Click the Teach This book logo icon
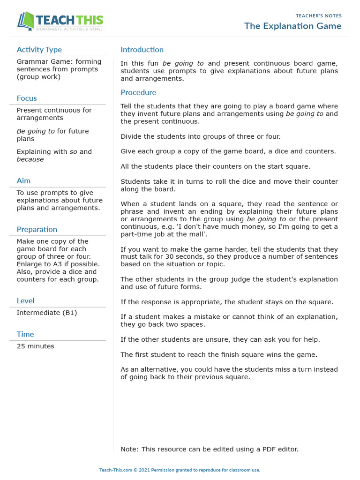26,22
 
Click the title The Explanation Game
292,26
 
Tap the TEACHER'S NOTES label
319,15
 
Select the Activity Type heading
39,50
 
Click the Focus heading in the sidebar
27,98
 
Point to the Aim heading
23,181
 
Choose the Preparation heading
37,230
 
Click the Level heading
25,301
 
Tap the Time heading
25,334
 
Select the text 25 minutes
35,346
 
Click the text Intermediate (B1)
47,313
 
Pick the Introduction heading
142,50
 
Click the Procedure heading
138,93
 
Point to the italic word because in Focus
30,159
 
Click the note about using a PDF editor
209,449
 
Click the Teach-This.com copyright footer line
180,470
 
